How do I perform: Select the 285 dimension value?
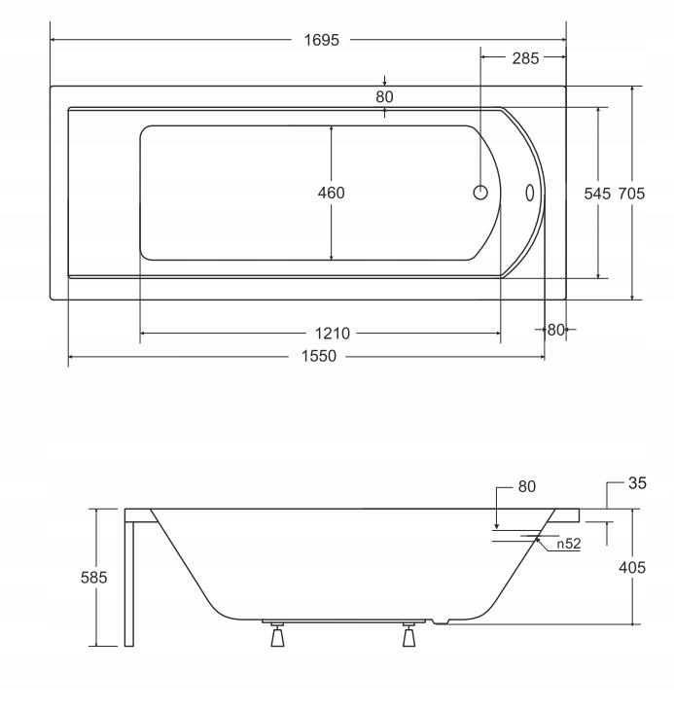point(525,58)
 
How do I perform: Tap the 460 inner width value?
point(332,193)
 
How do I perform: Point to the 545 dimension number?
point(597,194)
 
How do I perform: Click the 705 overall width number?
point(632,194)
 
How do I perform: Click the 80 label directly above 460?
point(384,96)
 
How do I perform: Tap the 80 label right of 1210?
point(555,330)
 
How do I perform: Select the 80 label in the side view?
point(525,486)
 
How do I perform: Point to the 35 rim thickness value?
point(638,481)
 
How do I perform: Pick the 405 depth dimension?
point(632,567)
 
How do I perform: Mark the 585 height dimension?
point(94,577)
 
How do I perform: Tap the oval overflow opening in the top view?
point(531,193)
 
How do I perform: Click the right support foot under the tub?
point(408,637)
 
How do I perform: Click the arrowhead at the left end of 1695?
point(53,40)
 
